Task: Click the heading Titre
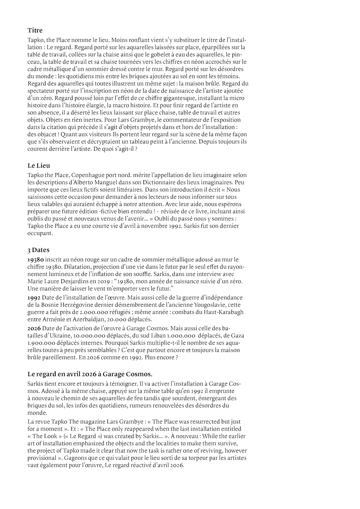tap(35, 30)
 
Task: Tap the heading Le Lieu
tap(39, 165)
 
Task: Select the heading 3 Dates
tap(38, 250)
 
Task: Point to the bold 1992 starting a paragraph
tap(33, 298)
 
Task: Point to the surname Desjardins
tap(70, 282)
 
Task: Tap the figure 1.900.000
tap(41, 343)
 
